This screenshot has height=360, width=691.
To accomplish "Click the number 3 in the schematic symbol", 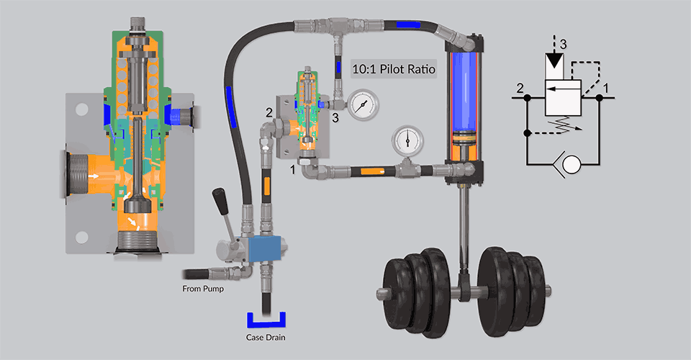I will [564, 44].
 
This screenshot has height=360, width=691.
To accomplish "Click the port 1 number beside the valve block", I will [292, 171].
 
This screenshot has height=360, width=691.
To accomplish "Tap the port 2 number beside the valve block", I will [268, 112].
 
